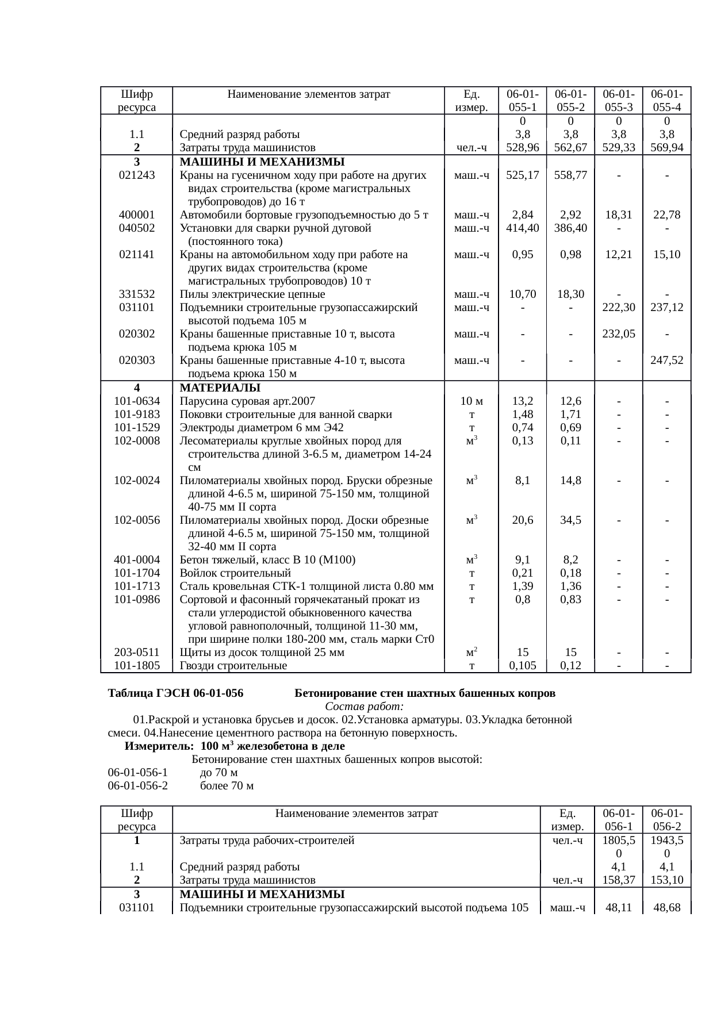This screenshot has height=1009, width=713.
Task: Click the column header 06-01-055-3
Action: point(618,100)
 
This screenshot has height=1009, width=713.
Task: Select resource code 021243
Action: point(136,175)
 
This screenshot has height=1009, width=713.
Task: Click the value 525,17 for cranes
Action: point(522,175)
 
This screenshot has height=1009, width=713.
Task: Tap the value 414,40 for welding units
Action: point(522,228)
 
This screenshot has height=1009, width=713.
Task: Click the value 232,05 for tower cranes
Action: point(618,334)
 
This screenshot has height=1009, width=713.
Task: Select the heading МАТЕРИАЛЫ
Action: point(220,388)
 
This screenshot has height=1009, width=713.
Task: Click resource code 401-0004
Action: point(137,560)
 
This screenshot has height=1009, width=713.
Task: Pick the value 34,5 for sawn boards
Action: point(570,520)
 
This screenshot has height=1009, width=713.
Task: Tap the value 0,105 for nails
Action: point(522,666)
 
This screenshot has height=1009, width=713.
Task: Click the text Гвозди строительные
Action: point(233,666)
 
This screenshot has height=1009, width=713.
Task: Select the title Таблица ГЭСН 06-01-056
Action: point(175,693)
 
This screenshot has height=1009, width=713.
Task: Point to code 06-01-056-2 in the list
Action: point(137,786)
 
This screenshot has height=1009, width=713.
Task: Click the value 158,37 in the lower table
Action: point(618,880)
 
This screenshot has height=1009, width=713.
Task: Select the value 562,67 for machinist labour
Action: point(570,148)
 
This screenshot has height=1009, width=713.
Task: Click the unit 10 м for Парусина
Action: point(471,401)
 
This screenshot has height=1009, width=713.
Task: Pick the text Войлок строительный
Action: point(235,573)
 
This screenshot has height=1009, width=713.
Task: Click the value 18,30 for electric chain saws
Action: point(570,294)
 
